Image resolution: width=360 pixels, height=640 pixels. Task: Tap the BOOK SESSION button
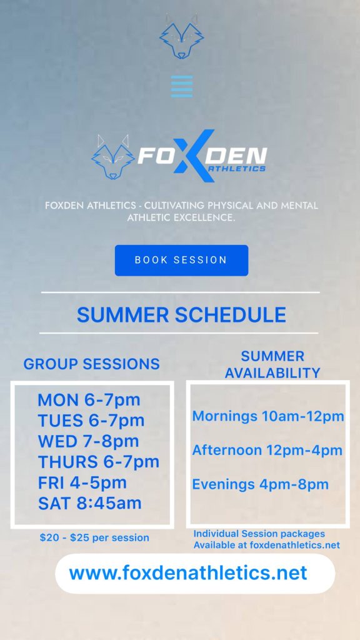(x=181, y=261)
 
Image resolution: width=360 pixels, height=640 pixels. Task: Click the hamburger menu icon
(x=182, y=86)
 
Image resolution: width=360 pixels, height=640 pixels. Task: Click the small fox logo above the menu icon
(x=182, y=37)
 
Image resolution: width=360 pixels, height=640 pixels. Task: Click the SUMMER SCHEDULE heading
(x=181, y=315)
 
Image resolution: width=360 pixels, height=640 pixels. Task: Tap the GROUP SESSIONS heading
(x=91, y=364)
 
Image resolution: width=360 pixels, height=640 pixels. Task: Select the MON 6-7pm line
(x=89, y=400)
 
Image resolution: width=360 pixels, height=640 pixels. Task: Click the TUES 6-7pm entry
(x=91, y=421)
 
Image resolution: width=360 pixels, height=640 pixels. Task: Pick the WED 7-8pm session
(x=88, y=441)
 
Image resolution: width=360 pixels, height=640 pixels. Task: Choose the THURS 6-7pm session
(x=98, y=462)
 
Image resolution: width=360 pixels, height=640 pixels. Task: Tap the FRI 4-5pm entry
(x=82, y=483)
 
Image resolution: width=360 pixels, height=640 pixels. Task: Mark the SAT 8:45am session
(x=90, y=503)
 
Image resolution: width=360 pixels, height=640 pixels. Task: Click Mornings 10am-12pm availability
(x=268, y=416)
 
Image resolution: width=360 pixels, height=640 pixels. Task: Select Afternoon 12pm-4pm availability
(x=267, y=450)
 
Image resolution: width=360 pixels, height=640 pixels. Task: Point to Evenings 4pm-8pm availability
(x=261, y=484)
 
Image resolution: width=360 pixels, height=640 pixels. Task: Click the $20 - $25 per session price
(x=94, y=537)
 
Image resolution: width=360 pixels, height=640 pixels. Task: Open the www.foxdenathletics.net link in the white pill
(x=188, y=572)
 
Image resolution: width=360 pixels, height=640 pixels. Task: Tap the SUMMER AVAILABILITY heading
(x=272, y=364)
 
